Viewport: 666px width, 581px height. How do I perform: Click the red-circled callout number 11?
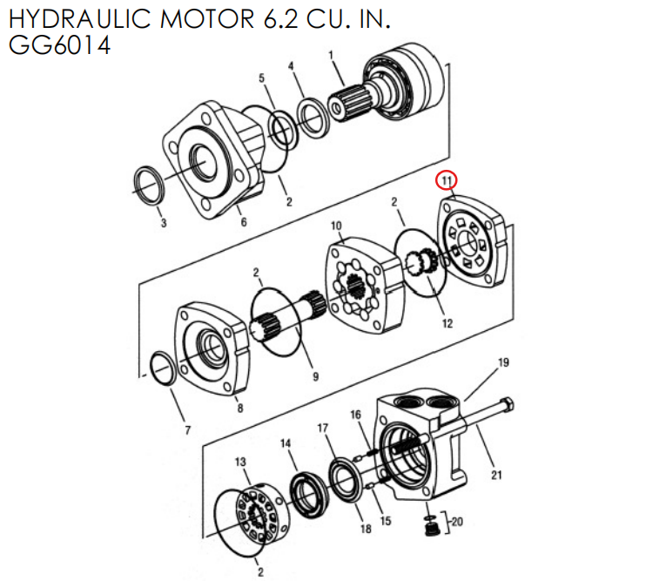[446, 181]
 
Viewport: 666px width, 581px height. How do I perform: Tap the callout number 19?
[502, 362]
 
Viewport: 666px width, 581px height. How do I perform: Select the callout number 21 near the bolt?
[497, 475]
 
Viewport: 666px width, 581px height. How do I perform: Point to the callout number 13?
[241, 462]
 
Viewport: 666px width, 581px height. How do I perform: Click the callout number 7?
[186, 429]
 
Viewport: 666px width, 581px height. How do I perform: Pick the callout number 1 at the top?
[331, 56]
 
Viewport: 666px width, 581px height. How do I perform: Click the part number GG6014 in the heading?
[59, 44]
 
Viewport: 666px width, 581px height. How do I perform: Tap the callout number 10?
[337, 226]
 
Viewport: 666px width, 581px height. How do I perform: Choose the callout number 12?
[447, 324]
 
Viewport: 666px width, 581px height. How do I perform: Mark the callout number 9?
[315, 376]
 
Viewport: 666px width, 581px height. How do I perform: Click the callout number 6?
[244, 222]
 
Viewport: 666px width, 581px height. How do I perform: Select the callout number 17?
[322, 428]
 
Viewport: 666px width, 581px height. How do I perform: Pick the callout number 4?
[291, 66]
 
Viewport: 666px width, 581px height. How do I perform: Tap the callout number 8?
[240, 407]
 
